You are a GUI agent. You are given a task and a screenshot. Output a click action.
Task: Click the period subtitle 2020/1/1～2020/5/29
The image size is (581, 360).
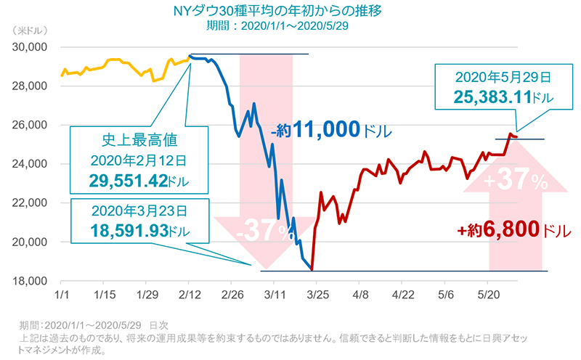tap(290, 25)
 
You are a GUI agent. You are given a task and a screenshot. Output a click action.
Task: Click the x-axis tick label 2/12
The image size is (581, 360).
tap(190, 296)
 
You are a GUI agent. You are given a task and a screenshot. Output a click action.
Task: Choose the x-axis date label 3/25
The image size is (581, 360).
tap(317, 296)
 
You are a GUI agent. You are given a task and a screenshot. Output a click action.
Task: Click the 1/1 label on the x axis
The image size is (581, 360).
tap(60, 296)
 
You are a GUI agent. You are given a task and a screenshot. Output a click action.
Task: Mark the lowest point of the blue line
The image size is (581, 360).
tap(312, 270)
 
